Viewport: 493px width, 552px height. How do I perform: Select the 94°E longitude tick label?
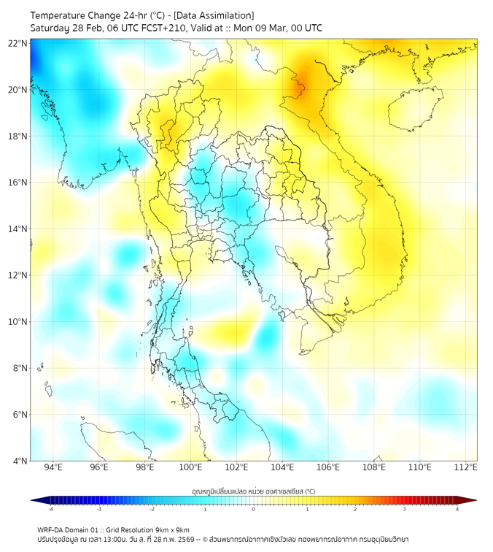tap(53, 467)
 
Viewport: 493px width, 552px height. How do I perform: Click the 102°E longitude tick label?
tap(236, 467)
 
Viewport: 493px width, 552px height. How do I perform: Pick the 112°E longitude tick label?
tap(465, 467)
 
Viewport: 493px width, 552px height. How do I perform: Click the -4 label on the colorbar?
tap(50, 509)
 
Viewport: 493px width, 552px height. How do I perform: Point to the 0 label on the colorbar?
tap(254, 509)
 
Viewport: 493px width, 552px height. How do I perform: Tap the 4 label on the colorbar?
tap(457, 509)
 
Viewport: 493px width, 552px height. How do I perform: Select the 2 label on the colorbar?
tap(355, 509)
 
